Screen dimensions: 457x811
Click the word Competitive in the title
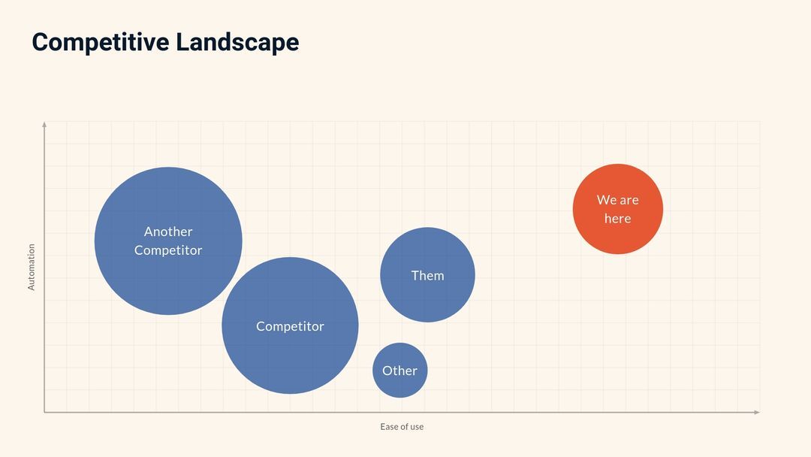click(100, 42)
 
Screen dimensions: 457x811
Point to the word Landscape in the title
click(237, 42)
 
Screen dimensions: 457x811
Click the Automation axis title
click(32, 267)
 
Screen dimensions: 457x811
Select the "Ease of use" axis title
click(402, 427)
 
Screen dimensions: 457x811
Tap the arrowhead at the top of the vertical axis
click(44, 124)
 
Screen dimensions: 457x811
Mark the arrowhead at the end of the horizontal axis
click(757, 412)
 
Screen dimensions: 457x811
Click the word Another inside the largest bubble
click(168, 232)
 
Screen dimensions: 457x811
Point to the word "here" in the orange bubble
click(617, 219)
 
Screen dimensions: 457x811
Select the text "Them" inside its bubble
click(427, 276)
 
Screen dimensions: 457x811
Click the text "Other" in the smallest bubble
click(399, 371)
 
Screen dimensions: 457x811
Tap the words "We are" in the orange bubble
click(617, 200)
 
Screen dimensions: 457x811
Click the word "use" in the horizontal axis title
click(416, 427)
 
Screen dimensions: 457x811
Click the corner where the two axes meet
click(44, 412)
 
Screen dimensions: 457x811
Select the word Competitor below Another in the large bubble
click(168, 250)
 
